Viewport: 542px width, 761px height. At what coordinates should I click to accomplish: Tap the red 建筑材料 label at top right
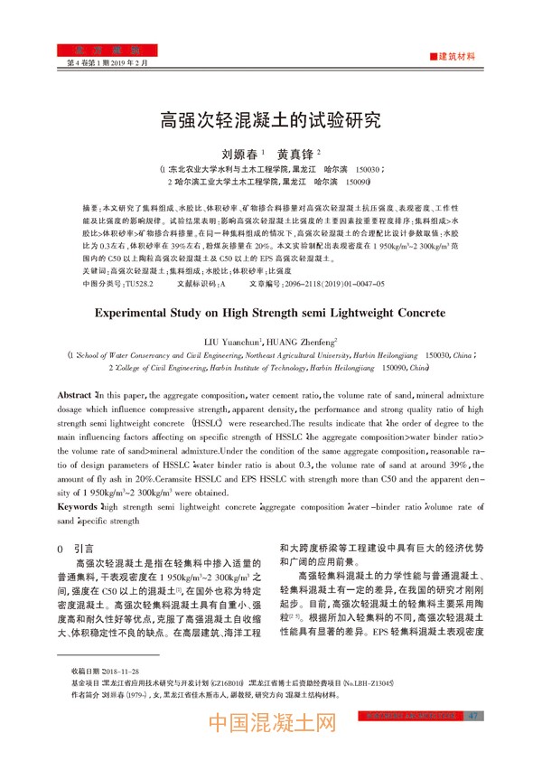456,56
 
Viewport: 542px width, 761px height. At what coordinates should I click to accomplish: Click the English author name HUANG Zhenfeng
303,342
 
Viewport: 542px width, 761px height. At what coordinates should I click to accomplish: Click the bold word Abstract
74,396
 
